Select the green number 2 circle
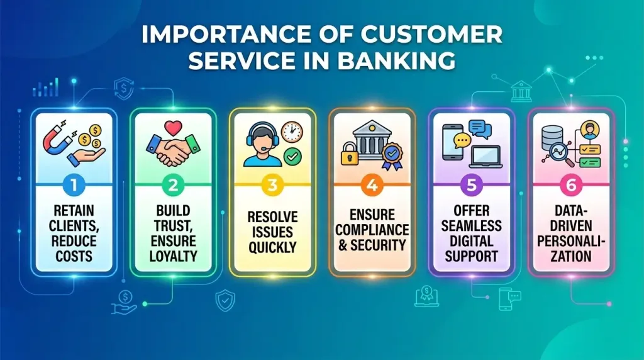point(173,186)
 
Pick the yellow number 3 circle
point(272,186)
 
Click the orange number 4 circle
point(371,186)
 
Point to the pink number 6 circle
point(570,186)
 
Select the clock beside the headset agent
point(292,132)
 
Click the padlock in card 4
point(350,154)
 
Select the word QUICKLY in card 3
point(272,247)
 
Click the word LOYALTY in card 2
point(173,256)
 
